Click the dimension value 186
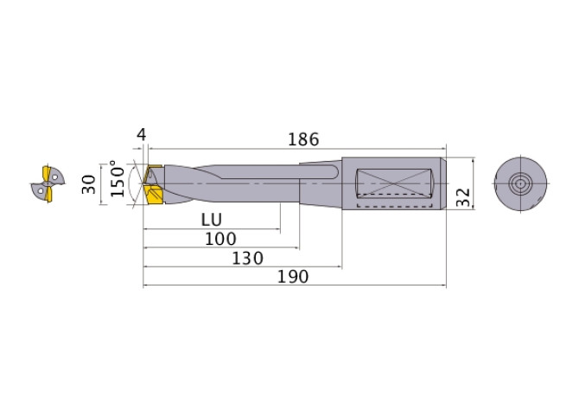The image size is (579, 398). pyautogui.click(x=302, y=138)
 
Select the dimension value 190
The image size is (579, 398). pyautogui.click(x=296, y=277)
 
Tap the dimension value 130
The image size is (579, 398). pyautogui.click(x=248, y=258)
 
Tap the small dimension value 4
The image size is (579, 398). pyautogui.click(x=141, y=135)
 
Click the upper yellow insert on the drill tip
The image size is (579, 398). pyautogui.click(x=155, y=173)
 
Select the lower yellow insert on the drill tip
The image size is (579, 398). pyautogui.click(x=156, y=197)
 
